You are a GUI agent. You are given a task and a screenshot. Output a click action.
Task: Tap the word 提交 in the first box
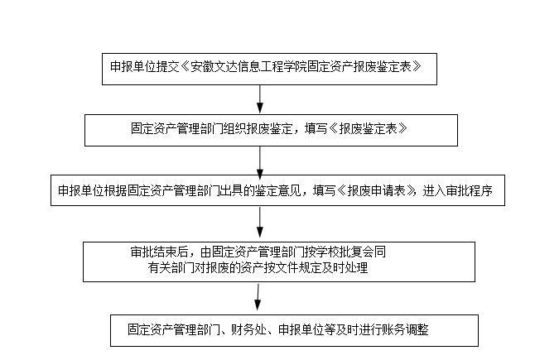[167, 66]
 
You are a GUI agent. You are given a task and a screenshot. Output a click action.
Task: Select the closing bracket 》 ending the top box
[417, 66]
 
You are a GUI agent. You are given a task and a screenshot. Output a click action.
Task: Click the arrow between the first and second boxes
[260, 98]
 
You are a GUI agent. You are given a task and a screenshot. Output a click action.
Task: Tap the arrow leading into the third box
[260, 163]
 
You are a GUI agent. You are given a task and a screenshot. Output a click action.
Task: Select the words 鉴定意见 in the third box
[279, 190]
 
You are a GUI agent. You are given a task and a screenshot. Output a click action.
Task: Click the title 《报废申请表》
[376, 190]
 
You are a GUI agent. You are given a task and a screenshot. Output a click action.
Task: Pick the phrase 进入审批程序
[457, 190]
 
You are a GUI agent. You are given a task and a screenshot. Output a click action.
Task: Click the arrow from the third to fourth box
[260, 222]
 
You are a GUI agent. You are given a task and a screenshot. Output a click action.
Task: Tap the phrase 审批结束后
[159, 252]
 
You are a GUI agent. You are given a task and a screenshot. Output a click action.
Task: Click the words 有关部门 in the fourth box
[171, 267]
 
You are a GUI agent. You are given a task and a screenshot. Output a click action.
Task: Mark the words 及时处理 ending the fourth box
[345, 267]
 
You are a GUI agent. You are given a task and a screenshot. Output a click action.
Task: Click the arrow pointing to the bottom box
[258, 297]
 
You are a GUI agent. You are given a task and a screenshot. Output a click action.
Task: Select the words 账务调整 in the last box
[406, 329]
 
